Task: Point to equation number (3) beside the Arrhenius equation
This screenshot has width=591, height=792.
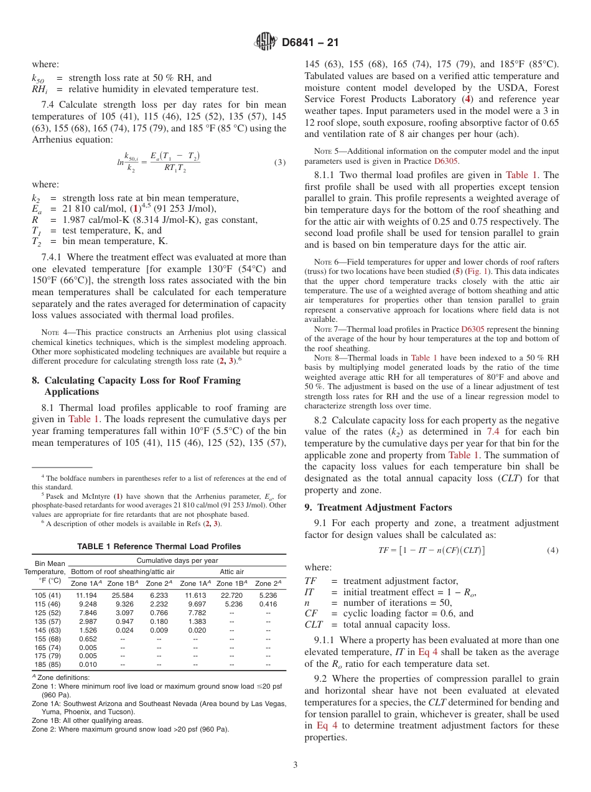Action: click(x=279, y=163)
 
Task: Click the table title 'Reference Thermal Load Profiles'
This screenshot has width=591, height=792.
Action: click(x=159, y=547)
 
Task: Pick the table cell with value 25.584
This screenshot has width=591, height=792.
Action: click(x=123, y=595)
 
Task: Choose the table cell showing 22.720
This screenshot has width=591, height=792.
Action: click(x=231, y=595)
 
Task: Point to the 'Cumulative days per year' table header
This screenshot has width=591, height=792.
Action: click(x=177, y=560)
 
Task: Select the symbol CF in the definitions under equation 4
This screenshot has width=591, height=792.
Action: click(x=310, y=613)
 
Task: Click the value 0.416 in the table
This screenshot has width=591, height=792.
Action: click(x=268, y=604)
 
